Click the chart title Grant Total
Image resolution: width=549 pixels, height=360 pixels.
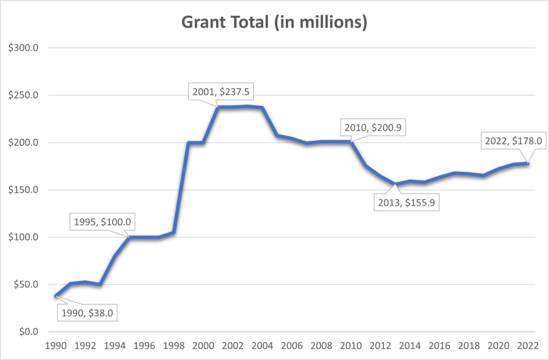click(274, 23)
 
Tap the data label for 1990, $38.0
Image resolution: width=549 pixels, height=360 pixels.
click(87, 313)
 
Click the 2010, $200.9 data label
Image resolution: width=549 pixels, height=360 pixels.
click(372, 128)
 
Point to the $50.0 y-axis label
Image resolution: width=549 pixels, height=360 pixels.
click(27, 285)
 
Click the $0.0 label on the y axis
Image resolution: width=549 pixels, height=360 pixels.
click(29, 332)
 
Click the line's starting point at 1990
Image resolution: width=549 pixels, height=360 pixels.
click(56, 296)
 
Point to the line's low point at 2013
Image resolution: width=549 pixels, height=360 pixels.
click(395, 184)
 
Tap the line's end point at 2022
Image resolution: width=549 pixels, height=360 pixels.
click(528, 163)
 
